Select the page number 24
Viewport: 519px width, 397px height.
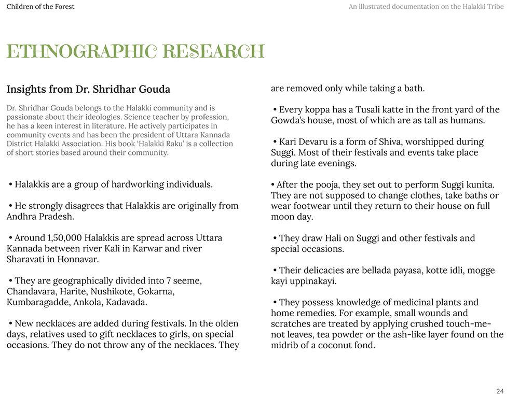click(x=500, y=391)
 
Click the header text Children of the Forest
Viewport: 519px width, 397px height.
click(x=40, y=7)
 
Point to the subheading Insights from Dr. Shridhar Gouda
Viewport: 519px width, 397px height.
click(x=88, y=90)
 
